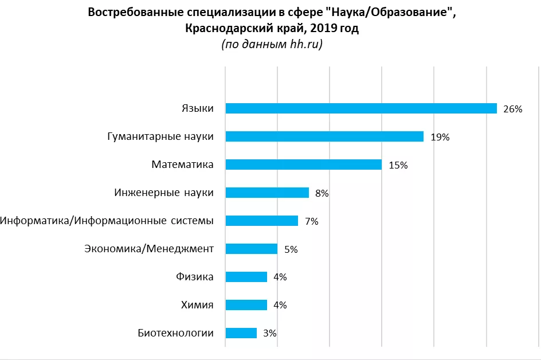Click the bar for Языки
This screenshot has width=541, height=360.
pyautogui.click(x=361, y=108)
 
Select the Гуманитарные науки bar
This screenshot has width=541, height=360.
pyautogui.click(x=324, y=136)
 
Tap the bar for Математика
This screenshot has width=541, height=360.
pyautogui.click(x=304, y=165)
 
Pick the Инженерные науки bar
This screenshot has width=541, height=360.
pyautogui.click(x=267, y=193)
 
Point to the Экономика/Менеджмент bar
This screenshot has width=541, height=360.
pyautogui.click(x=252, y=249)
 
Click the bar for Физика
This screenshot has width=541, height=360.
pyautogui.click(x=246, y=277)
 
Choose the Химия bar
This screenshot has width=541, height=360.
pyautogui.click(x=246, y=305)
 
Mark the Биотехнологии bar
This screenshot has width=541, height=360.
pyautogui.click(x=241, y=333)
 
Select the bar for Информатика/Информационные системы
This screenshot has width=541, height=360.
pyautogui.click(x=262, y=221)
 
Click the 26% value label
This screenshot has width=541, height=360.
pyautogui.click(x=512, y=109)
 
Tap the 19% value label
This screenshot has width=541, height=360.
pyautogui.click(x=440, y=137)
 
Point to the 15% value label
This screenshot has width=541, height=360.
pyautogui.click(x=398, y=165)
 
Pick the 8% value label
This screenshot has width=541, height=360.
pyautogui.click(x=322, y=193)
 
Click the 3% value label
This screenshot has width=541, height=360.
pyautogui.click(x=270, y=333)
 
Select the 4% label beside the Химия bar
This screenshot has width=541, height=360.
pyautogui.click(x=280, y=305)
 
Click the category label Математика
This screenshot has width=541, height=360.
pyautogui.click(x=182, y=165)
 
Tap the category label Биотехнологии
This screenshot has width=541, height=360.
pyautogui.click(x=175, y=333)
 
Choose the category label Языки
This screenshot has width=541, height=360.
pyautogui.click(x=197, y=108)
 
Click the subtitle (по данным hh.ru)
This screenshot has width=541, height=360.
pyautogui.click(x=272, y=44)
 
